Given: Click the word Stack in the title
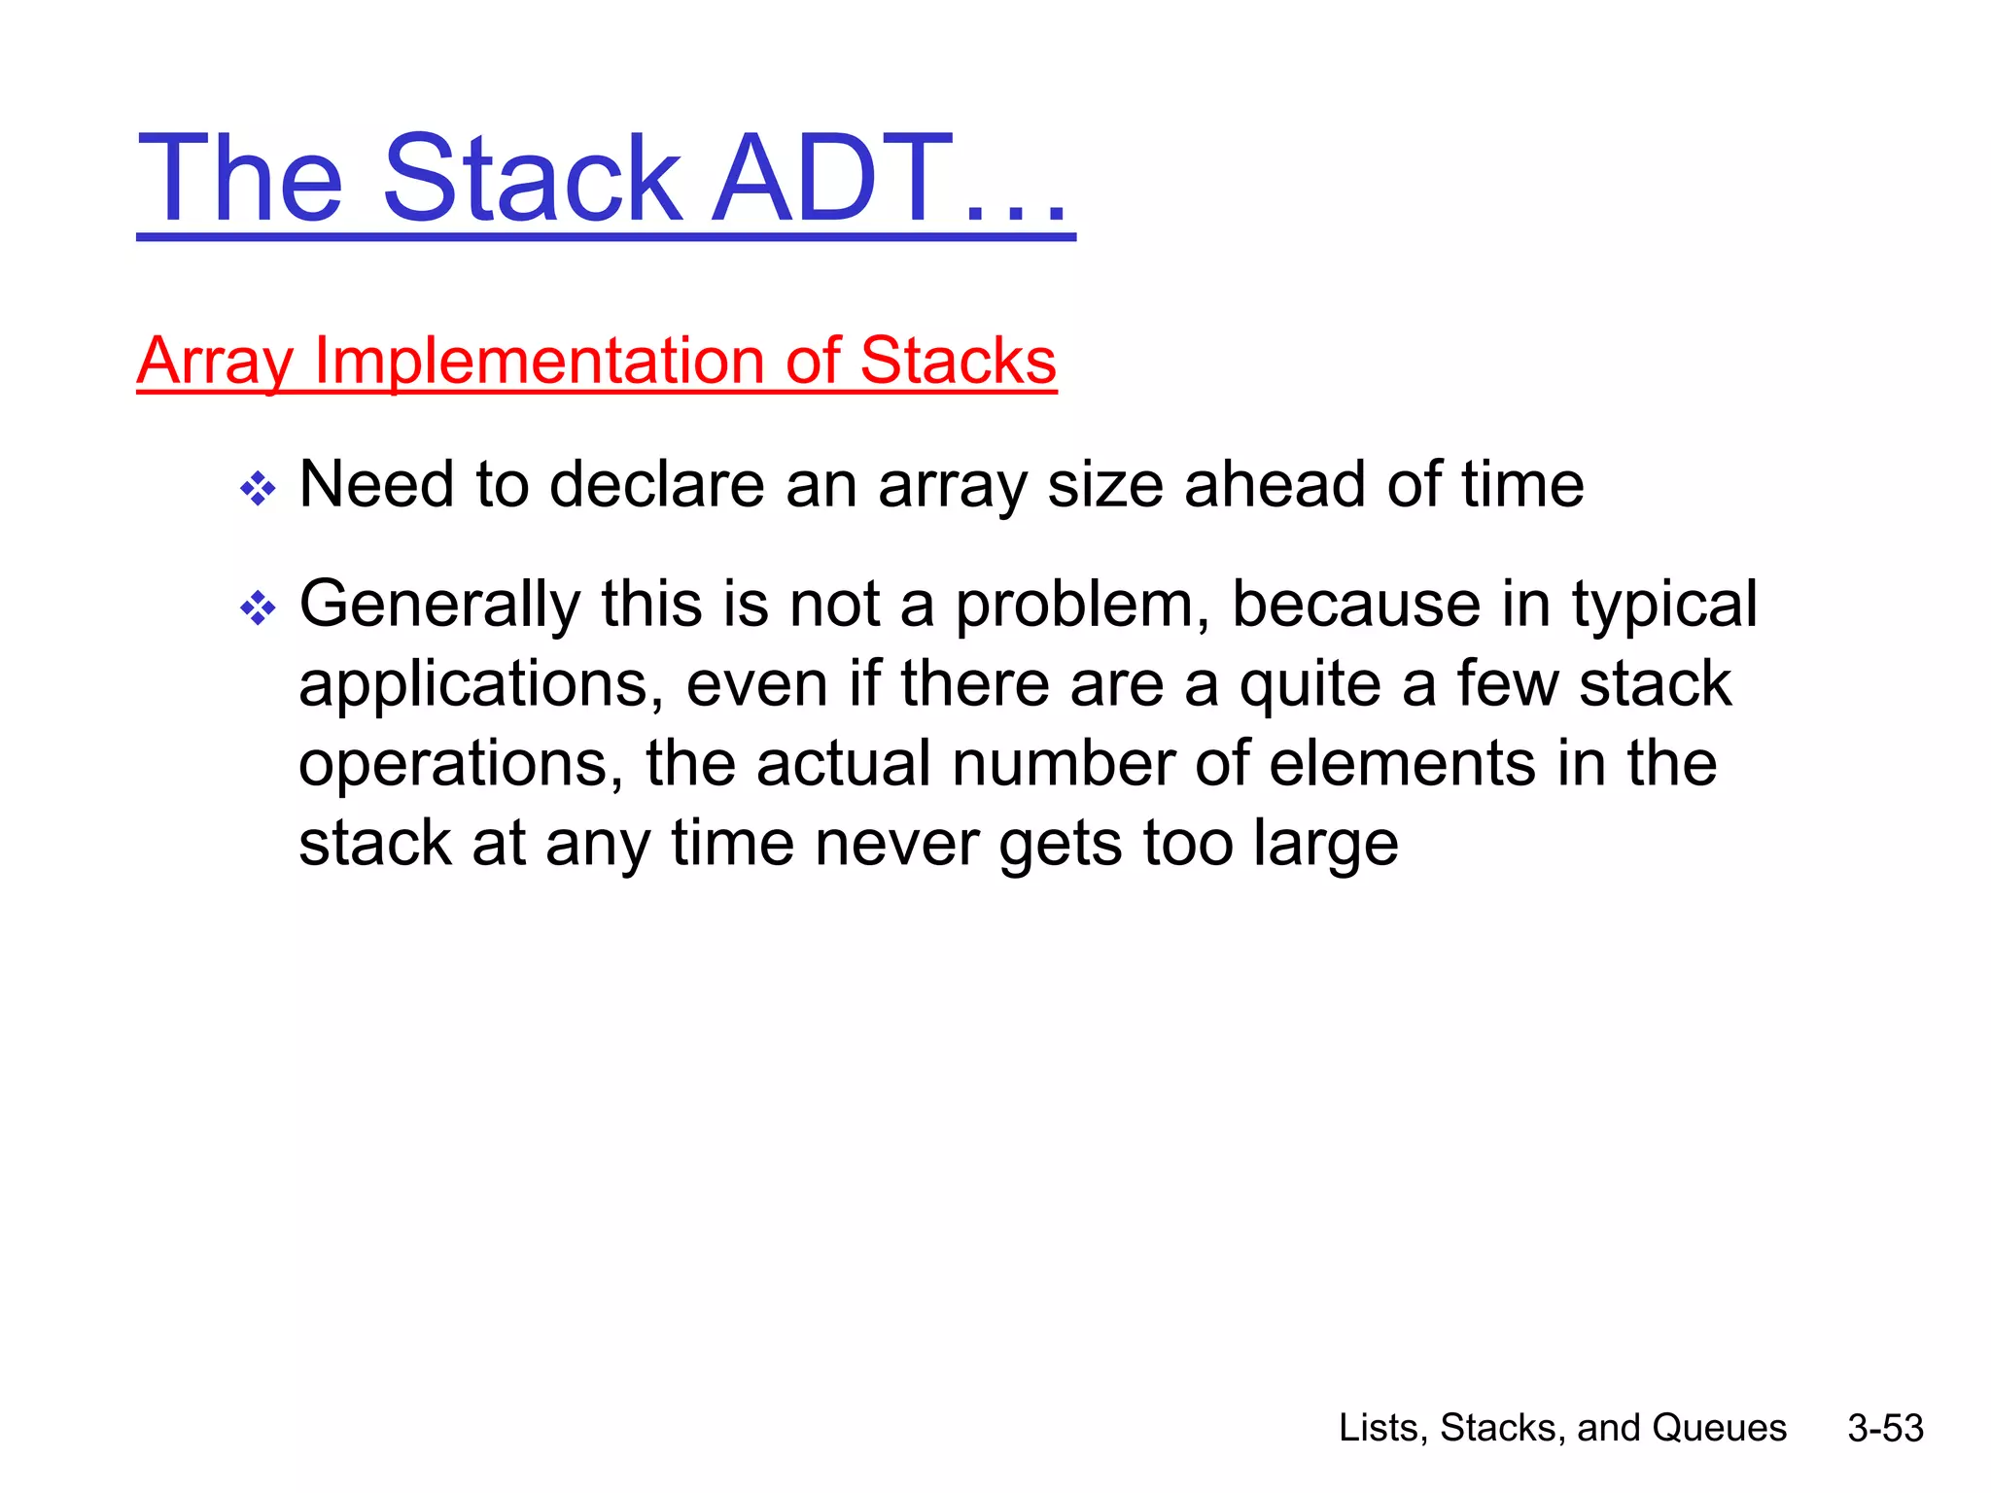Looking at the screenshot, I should [x=533, y=180].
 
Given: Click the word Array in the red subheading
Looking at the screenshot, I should [x=214, y=362].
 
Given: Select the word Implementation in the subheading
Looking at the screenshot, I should [x=541, y=362].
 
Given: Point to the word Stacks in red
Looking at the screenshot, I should [x=958, y=362].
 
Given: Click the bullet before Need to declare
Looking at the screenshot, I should [x=258, y=488].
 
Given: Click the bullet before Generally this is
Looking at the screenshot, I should [x=258, y=608].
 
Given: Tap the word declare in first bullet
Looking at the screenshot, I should [x=656, y=484].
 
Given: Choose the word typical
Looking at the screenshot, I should [x=1664, y=605].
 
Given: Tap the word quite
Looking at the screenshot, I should [x=1310, y=684].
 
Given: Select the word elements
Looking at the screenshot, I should [x=1403, y=764].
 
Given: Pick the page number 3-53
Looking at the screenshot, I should [x=1885, y=1428].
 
